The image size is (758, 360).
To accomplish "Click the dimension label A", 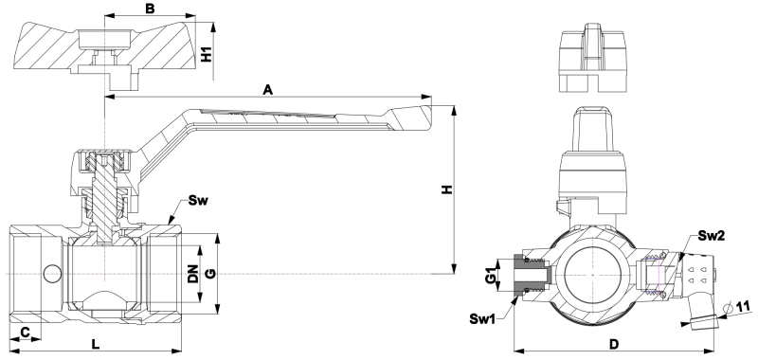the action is pyautogui.click(x=268, y=89).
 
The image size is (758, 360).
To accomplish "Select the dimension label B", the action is pyautogui.click(x=150, y=9).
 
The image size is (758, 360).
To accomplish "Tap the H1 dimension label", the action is pyautogui.click(x=207, y=55).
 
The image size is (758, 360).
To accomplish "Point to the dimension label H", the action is pyautogui.click(x=447, y=189).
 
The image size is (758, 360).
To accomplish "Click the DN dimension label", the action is pyautogui.click(x=193, y=274).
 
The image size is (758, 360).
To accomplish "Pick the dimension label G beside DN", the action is pyautogui.click(x=210, y=274).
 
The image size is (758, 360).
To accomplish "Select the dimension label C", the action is pyautogui.click(x=26, y=332).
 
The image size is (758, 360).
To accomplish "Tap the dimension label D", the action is pyautogui.click(x=613, y=344).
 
